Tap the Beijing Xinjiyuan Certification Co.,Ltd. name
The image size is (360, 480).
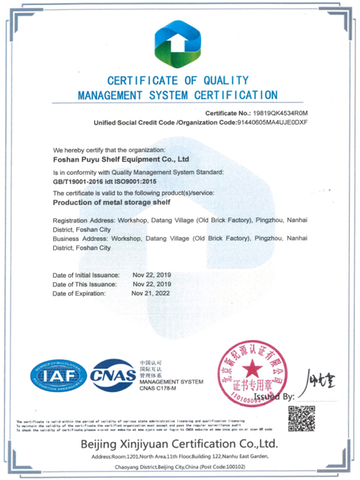pos(179,441)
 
